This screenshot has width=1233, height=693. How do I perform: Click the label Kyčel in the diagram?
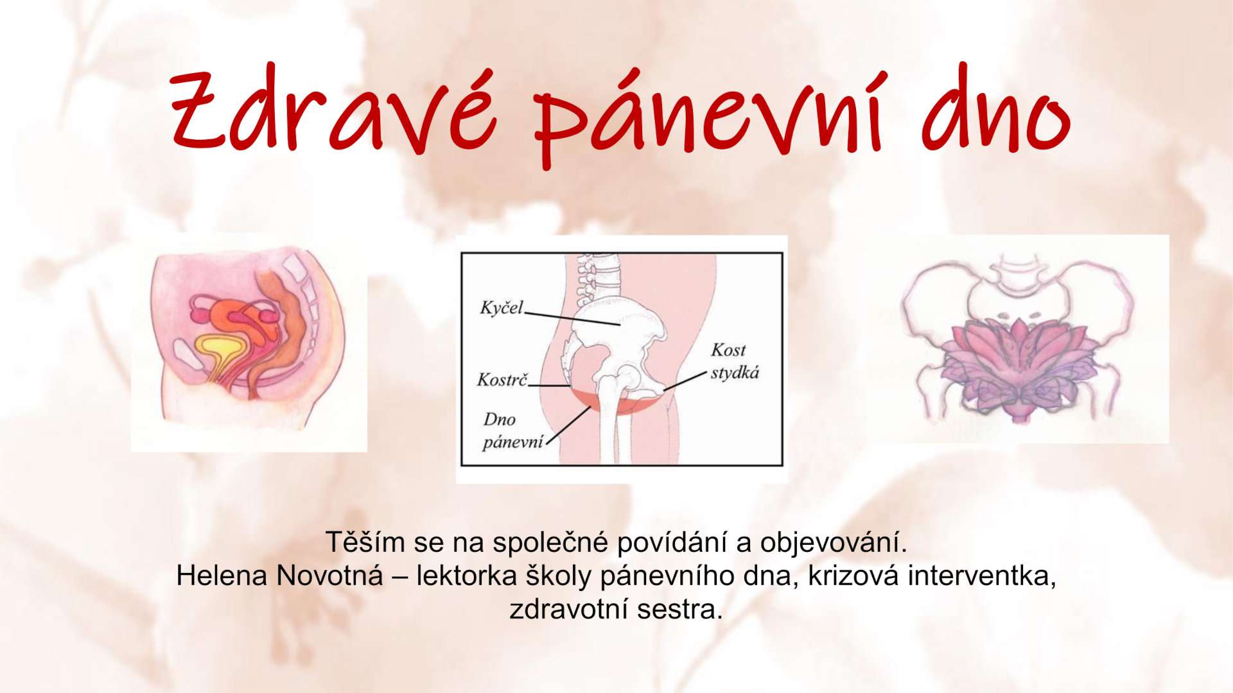pos(502,308)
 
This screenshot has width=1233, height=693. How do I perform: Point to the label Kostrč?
pos(502,380)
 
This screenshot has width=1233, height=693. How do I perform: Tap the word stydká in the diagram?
pos(735,373)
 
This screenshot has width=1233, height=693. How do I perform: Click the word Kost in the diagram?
pos(728,350)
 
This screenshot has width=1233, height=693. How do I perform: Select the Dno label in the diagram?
pos(499,420)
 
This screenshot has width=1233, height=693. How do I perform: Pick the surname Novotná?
pos(329,576)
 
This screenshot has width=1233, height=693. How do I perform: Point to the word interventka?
pos(982,576)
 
